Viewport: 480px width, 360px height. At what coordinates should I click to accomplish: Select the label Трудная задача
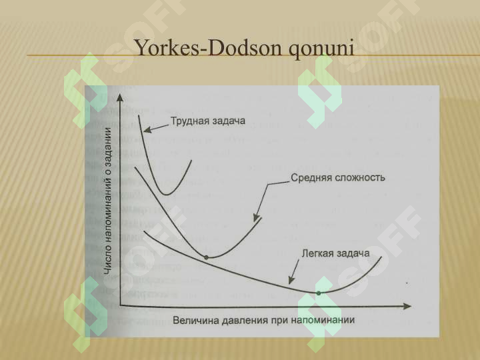pyautogui.click(x=208, y=121)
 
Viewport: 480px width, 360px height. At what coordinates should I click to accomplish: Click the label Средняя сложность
pyautogui.click(x=337, y=177)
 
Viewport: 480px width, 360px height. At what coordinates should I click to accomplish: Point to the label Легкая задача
pyautogui.click(x=336, y=253)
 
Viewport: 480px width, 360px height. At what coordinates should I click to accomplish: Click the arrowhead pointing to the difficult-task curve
pyautogui.click(x=147, y=130)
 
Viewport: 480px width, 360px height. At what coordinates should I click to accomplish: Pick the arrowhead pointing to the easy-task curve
pyautogui.click(x=291, y=280)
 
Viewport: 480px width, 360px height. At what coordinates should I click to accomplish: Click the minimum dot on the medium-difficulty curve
pyautogui.click(x=206, y=258)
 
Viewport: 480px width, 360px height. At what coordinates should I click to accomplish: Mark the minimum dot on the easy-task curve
pyautogui.click(x=319, y=293)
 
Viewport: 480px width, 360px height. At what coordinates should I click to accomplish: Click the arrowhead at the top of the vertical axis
pyautogui.click(x=120, y=97)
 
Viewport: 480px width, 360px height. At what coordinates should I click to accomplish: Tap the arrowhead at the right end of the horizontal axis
pyautogui.click(x=407, y=306)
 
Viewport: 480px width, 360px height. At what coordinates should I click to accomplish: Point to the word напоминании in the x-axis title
pyautogui.click(x=323, y=320)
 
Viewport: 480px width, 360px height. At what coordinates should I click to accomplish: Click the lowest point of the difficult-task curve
pyautogui.click(x=166, y=195)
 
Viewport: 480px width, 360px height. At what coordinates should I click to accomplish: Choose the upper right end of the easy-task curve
pyautogui.click(x=381, y=257)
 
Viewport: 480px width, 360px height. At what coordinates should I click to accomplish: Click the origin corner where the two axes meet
pyautogui.click(x=120, y=305)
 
